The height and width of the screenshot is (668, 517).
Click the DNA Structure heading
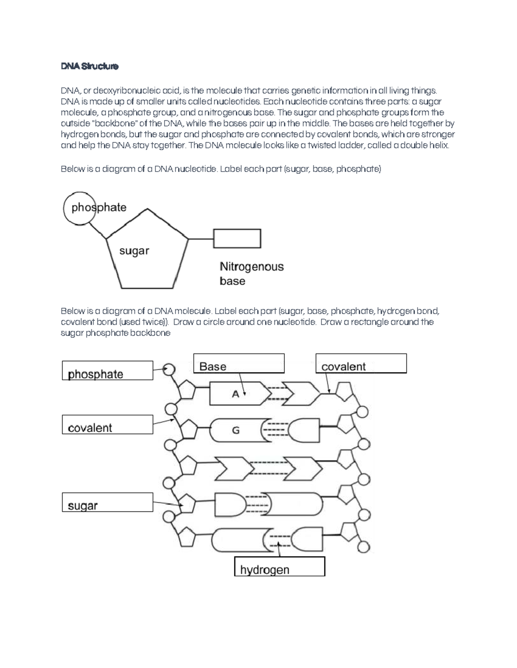[89, 67]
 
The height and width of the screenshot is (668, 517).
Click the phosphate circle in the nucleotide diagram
[79, 209]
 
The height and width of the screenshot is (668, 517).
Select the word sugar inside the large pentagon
[134, 251]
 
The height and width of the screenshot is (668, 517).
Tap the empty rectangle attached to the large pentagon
[237, 238]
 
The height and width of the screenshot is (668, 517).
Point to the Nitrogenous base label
[251, 274]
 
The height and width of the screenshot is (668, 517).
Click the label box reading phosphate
[107, 370]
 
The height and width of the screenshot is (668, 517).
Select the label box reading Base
[239, 363]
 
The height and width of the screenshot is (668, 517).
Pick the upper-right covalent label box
[361, 363]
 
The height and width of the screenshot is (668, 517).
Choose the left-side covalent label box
[107, 425]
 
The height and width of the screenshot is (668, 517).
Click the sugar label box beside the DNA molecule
[107, 502]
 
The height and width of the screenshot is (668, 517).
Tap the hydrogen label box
[279, 566]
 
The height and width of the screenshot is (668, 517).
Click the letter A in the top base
[235, 394]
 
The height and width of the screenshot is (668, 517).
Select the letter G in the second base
[236, 430]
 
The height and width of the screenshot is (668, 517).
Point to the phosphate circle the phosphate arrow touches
[169, 369]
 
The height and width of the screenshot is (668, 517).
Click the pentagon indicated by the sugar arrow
[188, 504]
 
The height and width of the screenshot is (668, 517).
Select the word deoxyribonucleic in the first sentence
[125, 91]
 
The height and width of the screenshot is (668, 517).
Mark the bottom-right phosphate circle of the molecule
[364, 547]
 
